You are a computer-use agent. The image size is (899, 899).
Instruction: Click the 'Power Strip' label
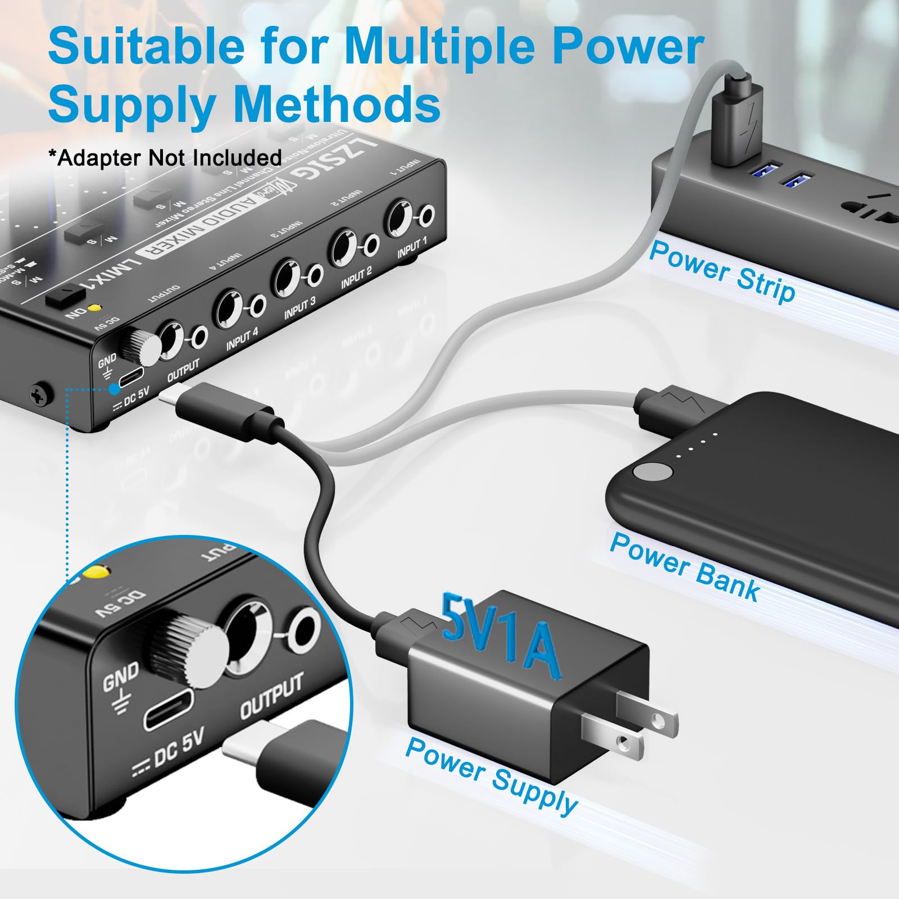(x=722, y=272)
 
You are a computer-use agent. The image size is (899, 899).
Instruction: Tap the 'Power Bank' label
(x=684, y=566)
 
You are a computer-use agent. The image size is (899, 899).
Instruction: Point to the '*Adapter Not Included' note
(x=165, y=158)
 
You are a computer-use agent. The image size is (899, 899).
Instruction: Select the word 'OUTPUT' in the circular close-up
(x=271, y=696)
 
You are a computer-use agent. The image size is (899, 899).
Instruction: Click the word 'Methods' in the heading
(x=337, y=105)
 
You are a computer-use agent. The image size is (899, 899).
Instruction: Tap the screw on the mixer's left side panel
(x=41, y=394)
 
